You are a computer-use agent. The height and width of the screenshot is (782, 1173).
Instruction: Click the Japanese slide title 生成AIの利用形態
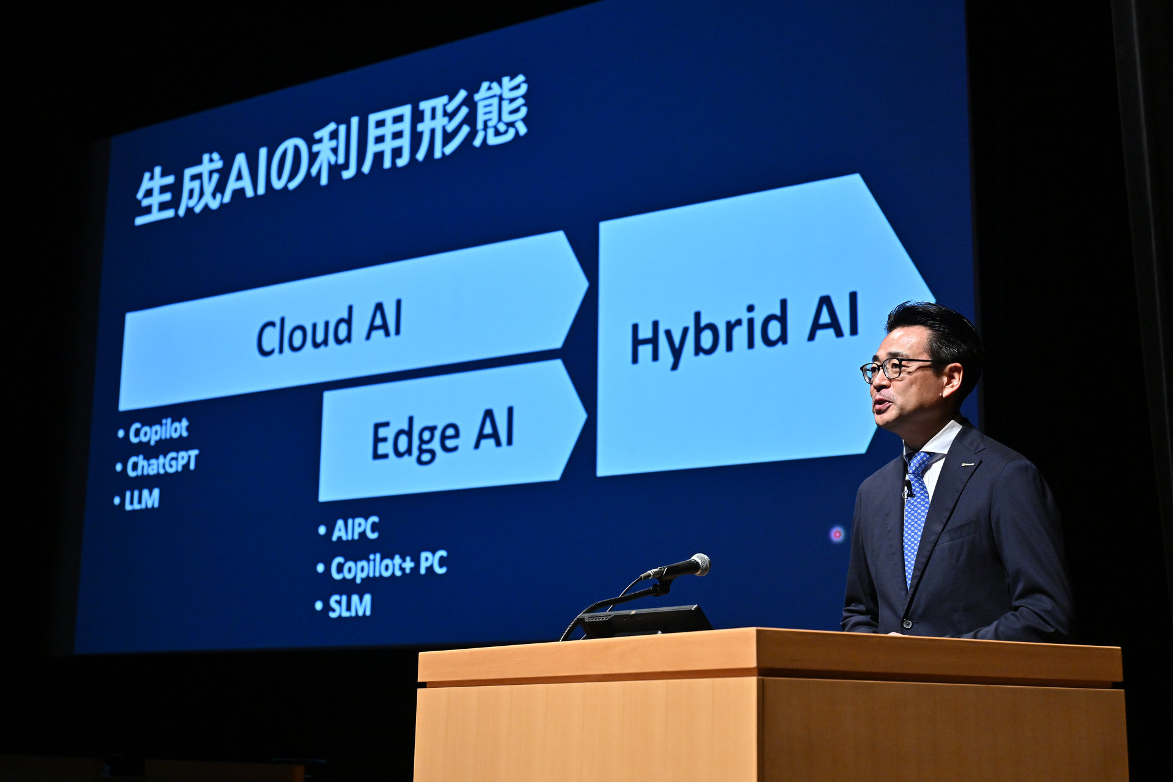click(x=331, y=150)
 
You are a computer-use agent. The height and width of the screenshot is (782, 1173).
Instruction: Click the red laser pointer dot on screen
click(x=837, y=534)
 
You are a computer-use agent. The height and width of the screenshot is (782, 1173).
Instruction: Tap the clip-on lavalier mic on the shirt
click(x=908, y=488)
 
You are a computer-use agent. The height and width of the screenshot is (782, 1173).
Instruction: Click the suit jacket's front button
click(x=907, y=624)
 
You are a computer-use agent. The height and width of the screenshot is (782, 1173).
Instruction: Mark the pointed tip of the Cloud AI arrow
click(x=588, y=285)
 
